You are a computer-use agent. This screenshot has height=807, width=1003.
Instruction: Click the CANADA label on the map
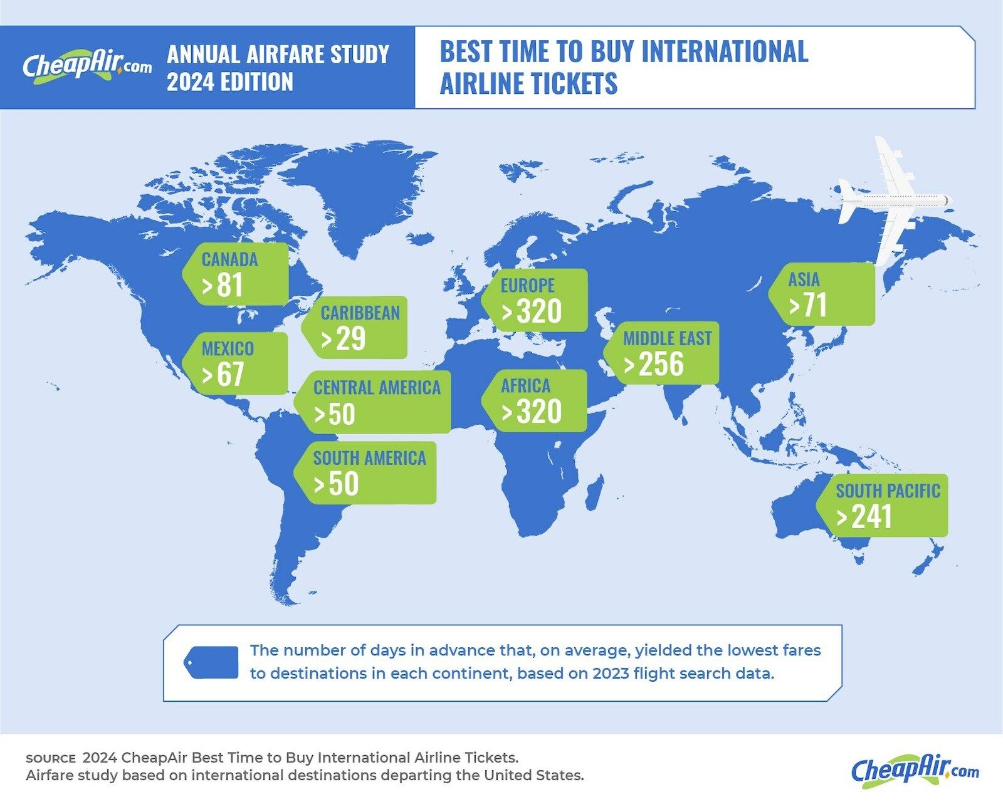pyautogui.click(x=229, y=259)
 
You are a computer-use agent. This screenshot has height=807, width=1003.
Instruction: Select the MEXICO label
pyautogui.click(x=228, y=348)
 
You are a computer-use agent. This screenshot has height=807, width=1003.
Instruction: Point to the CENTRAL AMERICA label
pyautogui.click(x=377, y=388)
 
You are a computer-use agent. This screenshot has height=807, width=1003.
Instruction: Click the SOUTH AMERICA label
pyautogui.click(x=369, y=458)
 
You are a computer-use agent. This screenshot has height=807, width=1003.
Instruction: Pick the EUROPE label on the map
pyautogui.click(x=527, y=286)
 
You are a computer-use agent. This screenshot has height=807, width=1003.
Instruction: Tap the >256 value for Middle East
pyautogui.click(x=654, y=365)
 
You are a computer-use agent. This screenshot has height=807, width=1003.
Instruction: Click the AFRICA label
pyautogui.click(x=525, y=385)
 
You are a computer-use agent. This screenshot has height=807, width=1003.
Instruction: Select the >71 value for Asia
pyautogui.click(x=808, y=306)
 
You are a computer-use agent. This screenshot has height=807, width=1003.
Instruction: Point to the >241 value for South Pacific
pyautogui.click(x=864, y=517)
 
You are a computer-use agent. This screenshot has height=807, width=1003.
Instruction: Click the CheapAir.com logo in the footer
pyautogui.click(x=915, y=770)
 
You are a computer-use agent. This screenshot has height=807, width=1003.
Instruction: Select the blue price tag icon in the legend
pyautogui.click(x=211, y=662)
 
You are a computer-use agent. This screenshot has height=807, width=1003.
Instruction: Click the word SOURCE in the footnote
pyautogui.click(x=50, y=758)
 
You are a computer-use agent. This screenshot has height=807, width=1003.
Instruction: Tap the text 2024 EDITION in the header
pyautogui.click(x=230, y=82)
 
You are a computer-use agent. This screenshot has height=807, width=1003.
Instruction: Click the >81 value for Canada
pyautogui.click(x=223, y=286)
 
